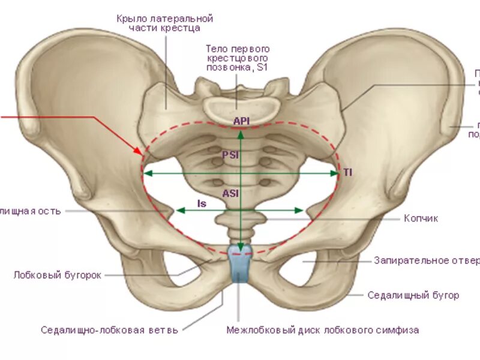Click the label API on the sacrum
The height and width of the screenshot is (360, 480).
tap(241, 121)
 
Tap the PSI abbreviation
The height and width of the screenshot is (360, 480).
tap(230, 154)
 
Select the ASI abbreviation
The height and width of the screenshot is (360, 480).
tap(230, 193)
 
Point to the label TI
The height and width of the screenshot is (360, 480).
tap(348, 172)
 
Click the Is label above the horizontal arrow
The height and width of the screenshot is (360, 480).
tap(202, 204)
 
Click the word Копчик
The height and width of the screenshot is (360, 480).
tap(421, 218)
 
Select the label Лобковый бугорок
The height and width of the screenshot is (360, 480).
tap(58, 275)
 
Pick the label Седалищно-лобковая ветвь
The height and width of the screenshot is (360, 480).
tap(110, 329)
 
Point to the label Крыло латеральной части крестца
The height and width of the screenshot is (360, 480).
tap(165, 23)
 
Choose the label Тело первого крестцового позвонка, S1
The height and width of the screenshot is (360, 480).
tap(238, 58)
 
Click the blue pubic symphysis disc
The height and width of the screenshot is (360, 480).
tap(241, 264)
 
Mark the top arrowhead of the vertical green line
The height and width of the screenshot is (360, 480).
tap(241, 133)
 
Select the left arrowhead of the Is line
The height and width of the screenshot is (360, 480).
tap(179, 211)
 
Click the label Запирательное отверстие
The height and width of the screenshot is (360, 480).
tap(426, 260)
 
